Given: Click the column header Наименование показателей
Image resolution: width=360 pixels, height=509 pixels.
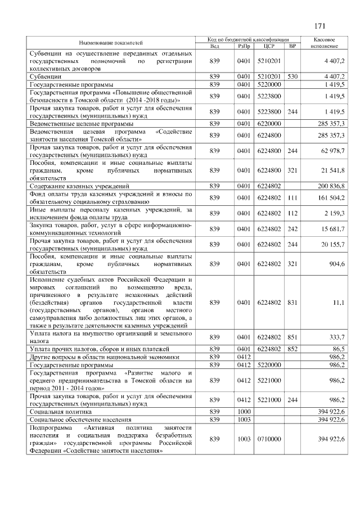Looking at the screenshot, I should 111,42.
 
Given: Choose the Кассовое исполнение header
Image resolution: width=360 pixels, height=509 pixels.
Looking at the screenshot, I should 326,42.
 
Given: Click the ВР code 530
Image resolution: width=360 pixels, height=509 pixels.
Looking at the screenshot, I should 292,75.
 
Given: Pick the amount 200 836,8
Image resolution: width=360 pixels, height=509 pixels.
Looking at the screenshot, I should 332,185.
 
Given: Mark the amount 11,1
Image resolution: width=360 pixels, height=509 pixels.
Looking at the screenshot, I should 339,303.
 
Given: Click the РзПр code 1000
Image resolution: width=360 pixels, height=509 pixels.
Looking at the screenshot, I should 244,412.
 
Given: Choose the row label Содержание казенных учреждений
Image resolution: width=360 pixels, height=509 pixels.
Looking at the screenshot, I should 79,185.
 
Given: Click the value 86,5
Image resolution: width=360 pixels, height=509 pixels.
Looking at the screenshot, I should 338,349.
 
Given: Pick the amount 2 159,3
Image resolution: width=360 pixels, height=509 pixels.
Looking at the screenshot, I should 335,213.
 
